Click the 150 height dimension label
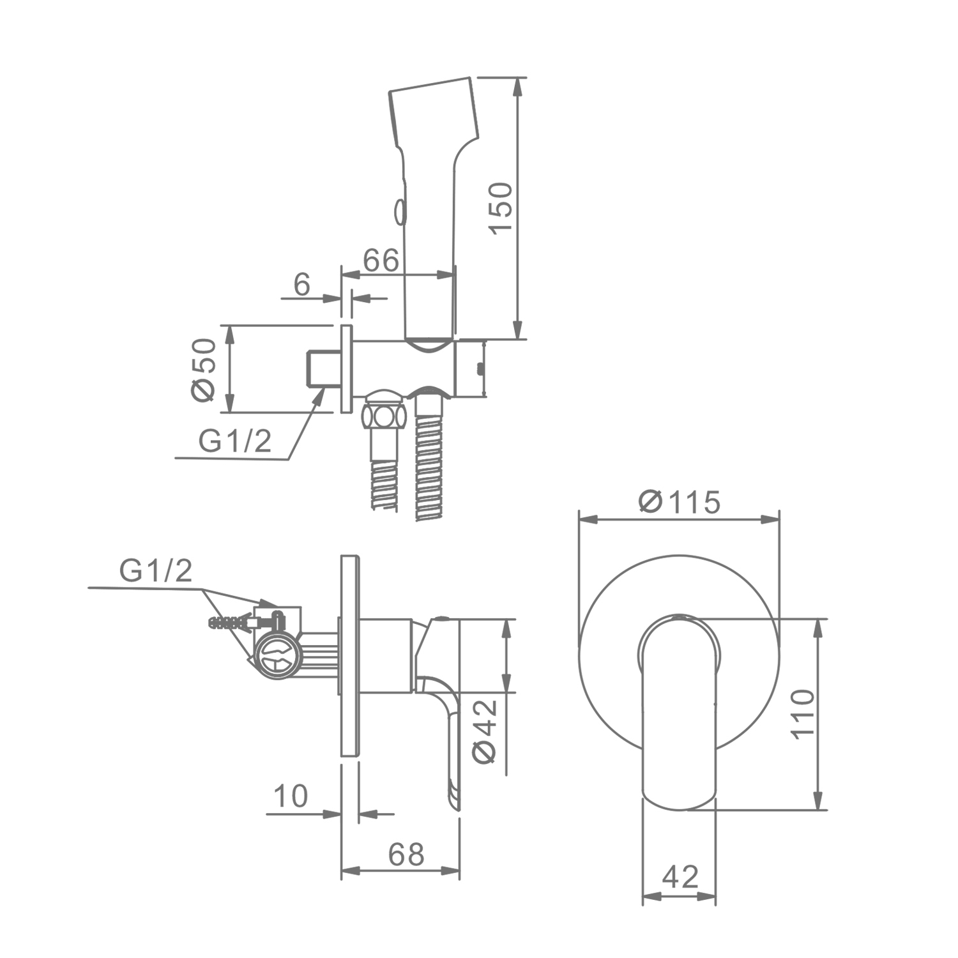click(x=502, y=208)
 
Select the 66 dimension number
click(x=381, y=260)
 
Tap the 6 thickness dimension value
click(x=301, y=284)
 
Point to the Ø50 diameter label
click(x=204, y=370)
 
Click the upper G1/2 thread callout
click(x=235, y=441)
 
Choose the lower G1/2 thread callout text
click(x=156, y=570)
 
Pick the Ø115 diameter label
click(x=680, y=501)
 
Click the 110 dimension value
click(x=803, y=713)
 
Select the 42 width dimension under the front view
click(x=680, y=877)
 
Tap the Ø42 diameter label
click(x=485, y=731)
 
